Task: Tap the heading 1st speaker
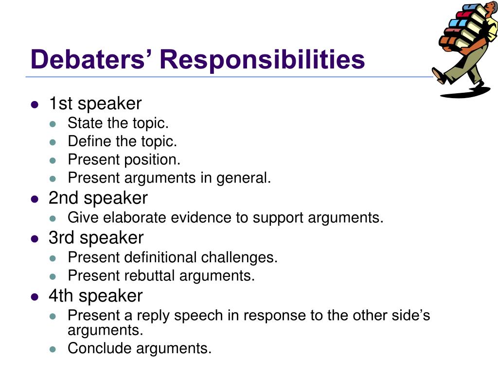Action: (95, 103)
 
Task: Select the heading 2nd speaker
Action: (98, 198)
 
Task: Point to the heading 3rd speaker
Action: (96, 237)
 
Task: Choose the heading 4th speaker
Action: (95, 296)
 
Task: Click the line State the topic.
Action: (118, 123)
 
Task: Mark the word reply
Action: (153, 315)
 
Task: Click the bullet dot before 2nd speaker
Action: (35, 199)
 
